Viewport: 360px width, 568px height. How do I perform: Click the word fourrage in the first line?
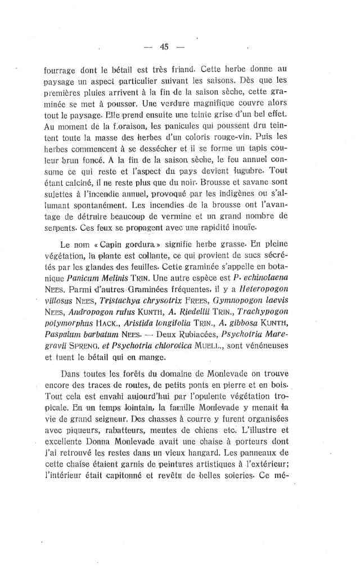pyautogui.click(x=60, y=71)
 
